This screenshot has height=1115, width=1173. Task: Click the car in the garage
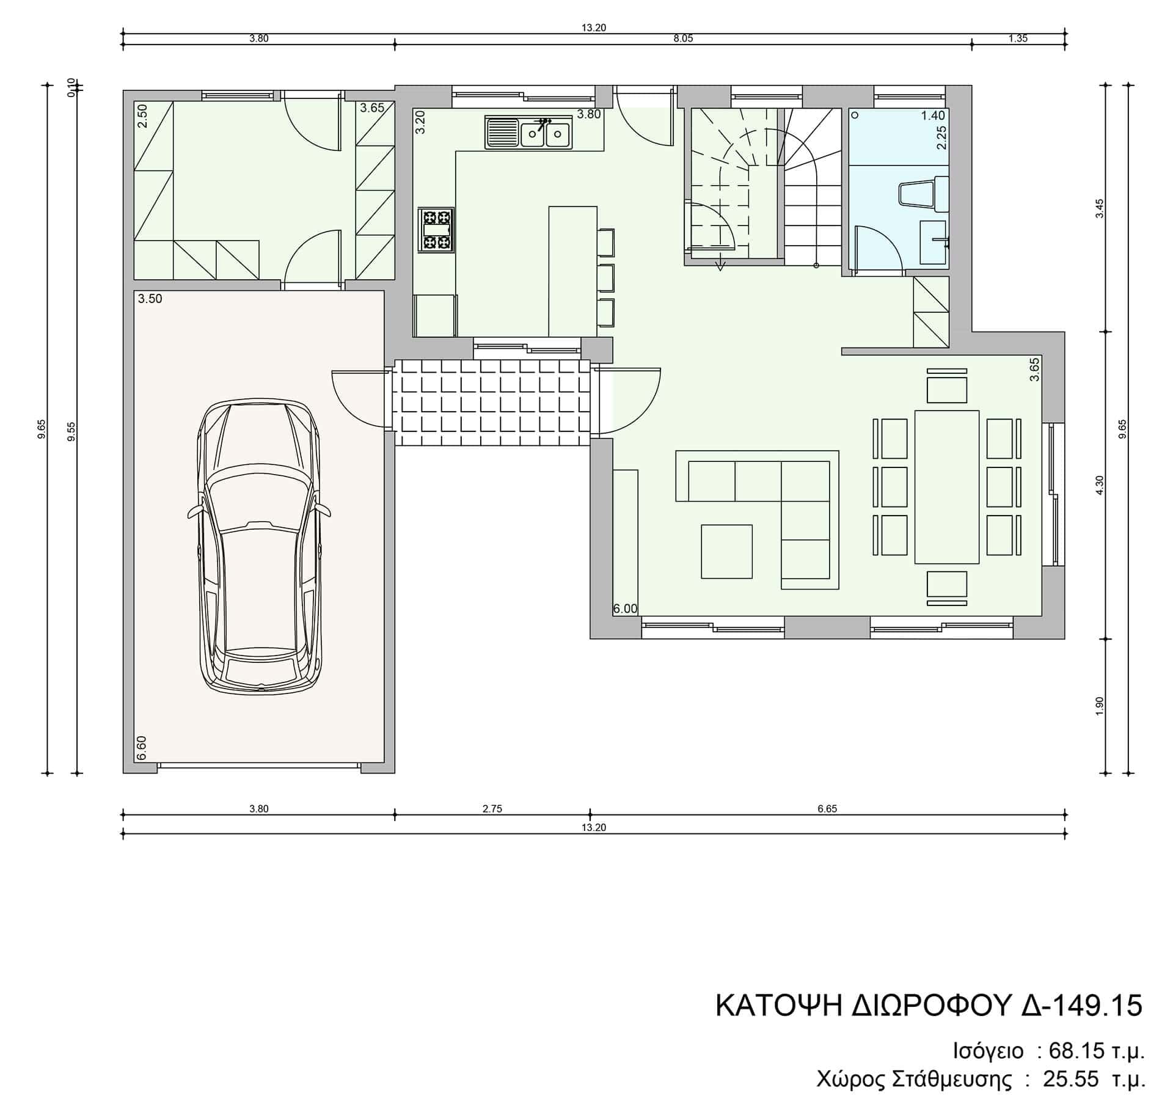coord(259,546)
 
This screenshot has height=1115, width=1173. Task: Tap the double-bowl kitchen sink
coord(528,133)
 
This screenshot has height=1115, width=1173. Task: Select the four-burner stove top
coord(436,230)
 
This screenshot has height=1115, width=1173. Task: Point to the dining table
coord(947,486)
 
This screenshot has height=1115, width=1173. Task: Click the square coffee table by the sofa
coord(726,551)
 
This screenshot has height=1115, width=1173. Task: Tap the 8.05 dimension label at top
coord(683,38)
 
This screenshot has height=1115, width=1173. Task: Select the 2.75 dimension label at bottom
coord(492,809)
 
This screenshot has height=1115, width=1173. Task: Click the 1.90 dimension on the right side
coord(1100,706)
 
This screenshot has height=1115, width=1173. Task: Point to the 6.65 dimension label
coord(827,809)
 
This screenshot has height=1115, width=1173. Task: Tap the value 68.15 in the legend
coord(1076,1051)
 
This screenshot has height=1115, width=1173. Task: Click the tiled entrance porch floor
coord(492,402)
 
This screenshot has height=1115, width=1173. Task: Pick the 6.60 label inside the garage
coord(142,748)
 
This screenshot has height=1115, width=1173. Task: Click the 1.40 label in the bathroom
coord(933,115)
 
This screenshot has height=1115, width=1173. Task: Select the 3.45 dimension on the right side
coord(1100,208)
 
